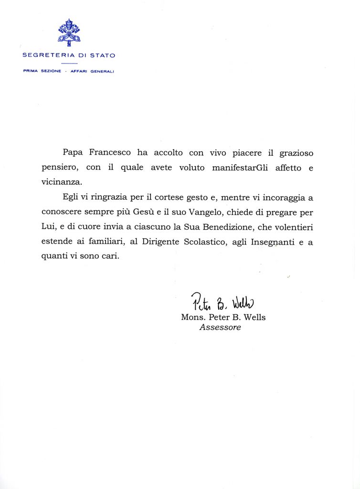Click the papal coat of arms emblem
tap(69, 32)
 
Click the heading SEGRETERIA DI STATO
tap(69, 55)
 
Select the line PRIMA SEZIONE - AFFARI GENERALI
tap(69, 71)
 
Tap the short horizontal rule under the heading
tap(69, 63)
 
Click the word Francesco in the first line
tap(110, 153)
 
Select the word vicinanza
tap(62, 182)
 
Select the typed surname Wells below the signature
tap(253, 317)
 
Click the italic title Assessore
tap(220, 328)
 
